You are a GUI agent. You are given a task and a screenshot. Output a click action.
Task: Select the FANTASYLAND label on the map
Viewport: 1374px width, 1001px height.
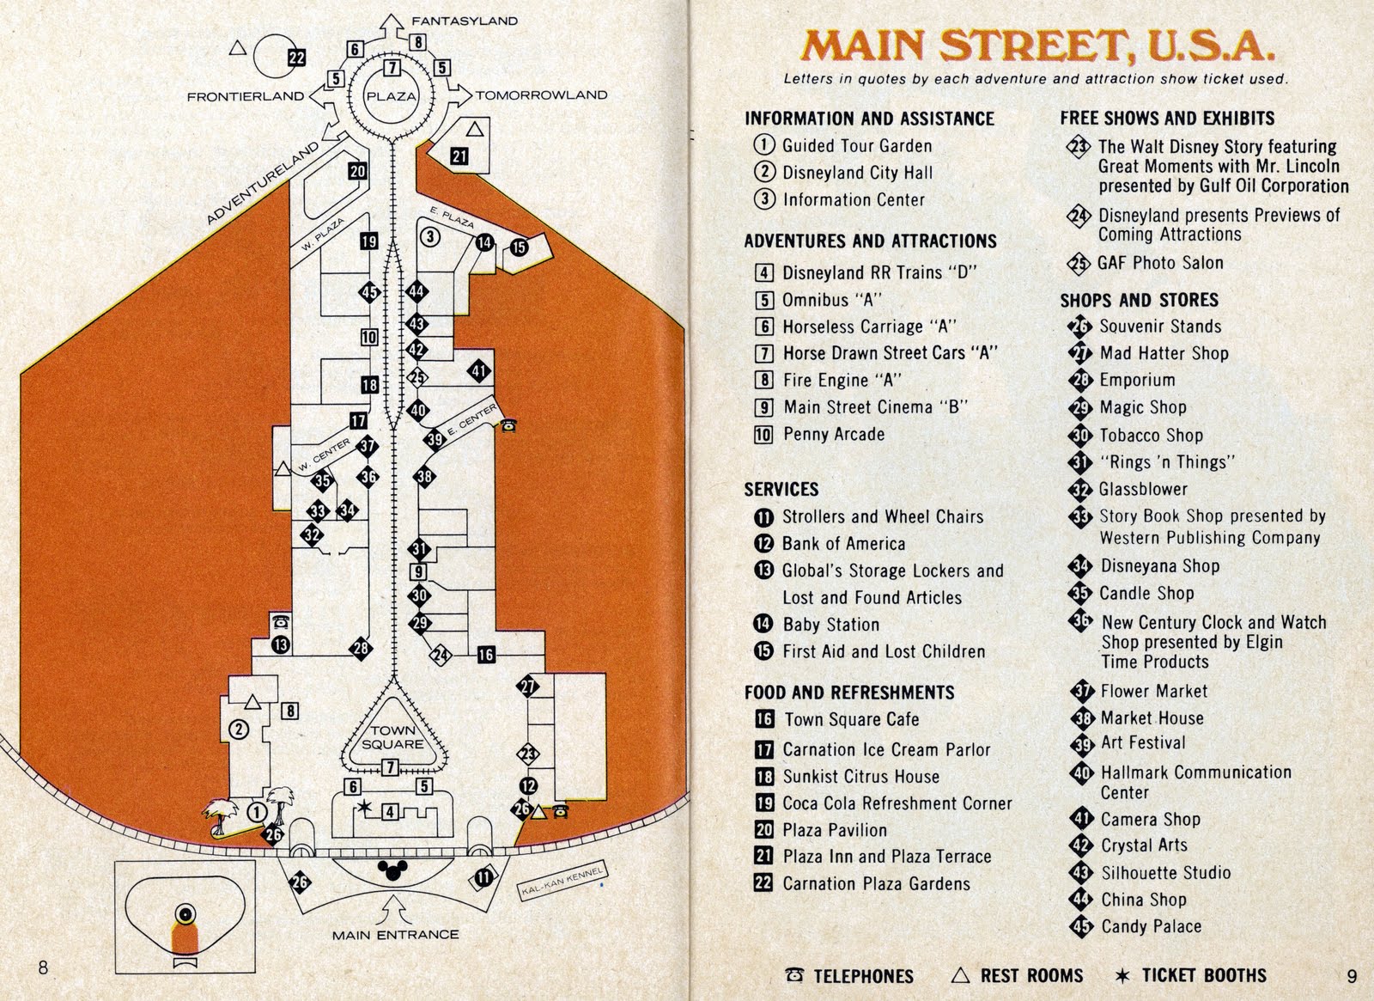tap(465, 21)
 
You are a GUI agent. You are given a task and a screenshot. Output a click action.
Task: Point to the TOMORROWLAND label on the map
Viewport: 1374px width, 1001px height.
tap(542, 95)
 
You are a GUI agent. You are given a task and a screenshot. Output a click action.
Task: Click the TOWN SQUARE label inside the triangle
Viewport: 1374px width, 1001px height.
tap(392, 737)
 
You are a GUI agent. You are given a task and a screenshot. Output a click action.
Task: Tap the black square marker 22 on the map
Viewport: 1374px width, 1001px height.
tap(296, 58)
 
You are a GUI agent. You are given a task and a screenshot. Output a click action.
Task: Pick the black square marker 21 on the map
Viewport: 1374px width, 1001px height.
tap(459, 156)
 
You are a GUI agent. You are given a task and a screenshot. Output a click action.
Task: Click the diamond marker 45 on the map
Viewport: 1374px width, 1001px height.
tap(369, 293)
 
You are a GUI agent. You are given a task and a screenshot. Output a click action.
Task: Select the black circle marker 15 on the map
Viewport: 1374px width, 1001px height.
tap(519, 247)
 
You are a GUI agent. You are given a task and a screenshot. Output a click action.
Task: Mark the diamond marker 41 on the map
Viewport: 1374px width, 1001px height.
tap(478, 372)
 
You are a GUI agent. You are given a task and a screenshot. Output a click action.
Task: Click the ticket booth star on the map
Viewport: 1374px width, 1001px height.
tap(366, 806)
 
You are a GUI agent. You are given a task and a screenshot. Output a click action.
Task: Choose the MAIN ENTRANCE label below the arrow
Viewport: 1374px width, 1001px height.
tap(396, 934)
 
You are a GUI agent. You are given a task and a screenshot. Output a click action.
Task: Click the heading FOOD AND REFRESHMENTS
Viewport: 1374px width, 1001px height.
tap(849, 693)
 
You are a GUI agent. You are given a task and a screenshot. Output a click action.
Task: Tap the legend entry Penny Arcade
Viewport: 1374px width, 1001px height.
tap(832, 434)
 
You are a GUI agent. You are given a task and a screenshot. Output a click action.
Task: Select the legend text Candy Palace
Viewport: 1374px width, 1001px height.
tap(1150, 926)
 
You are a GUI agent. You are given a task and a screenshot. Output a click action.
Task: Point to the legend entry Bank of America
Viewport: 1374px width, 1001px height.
tap(842, 543)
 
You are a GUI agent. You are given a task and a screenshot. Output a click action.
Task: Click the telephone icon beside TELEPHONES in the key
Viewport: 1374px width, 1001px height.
tap(795, 975)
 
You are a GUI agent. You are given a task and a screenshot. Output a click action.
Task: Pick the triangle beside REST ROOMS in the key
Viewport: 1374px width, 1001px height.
tap(962, 975)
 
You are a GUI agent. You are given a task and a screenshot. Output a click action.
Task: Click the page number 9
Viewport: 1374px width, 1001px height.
tap(1352, 975)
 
